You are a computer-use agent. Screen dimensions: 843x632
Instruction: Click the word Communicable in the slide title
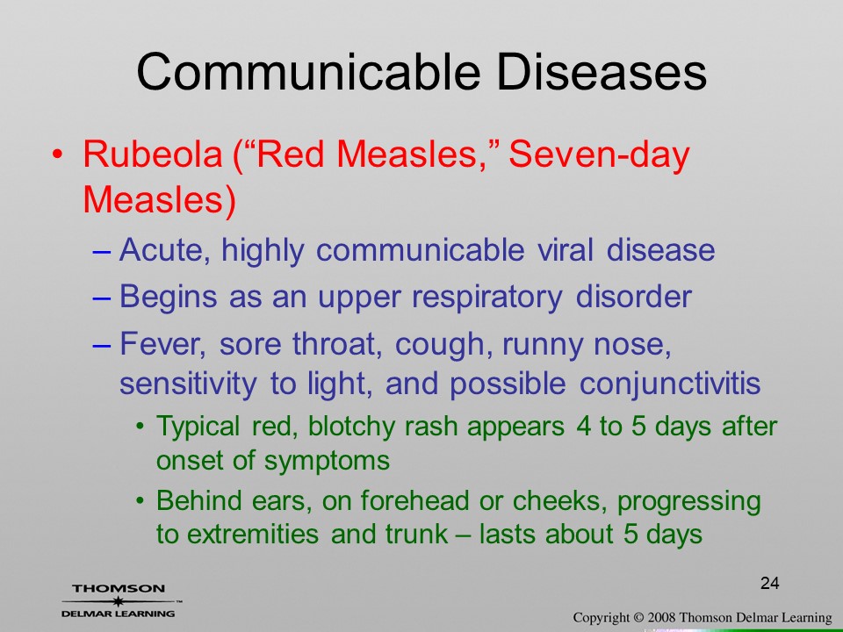pos(308,72)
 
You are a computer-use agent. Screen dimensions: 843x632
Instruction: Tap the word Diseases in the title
pos(602,72)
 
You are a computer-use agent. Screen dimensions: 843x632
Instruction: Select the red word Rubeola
pos(152,154)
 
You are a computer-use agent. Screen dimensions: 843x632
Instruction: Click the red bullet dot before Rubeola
pos(58,154)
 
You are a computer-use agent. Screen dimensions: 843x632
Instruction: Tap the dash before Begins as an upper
pos(102,298)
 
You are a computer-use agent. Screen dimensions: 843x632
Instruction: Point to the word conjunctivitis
pos(670,384)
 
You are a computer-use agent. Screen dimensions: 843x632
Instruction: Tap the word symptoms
pos(327,462)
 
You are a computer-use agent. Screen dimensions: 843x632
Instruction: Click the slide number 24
pos(770,583)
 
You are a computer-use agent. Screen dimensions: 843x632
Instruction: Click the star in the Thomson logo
pos(119,601)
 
